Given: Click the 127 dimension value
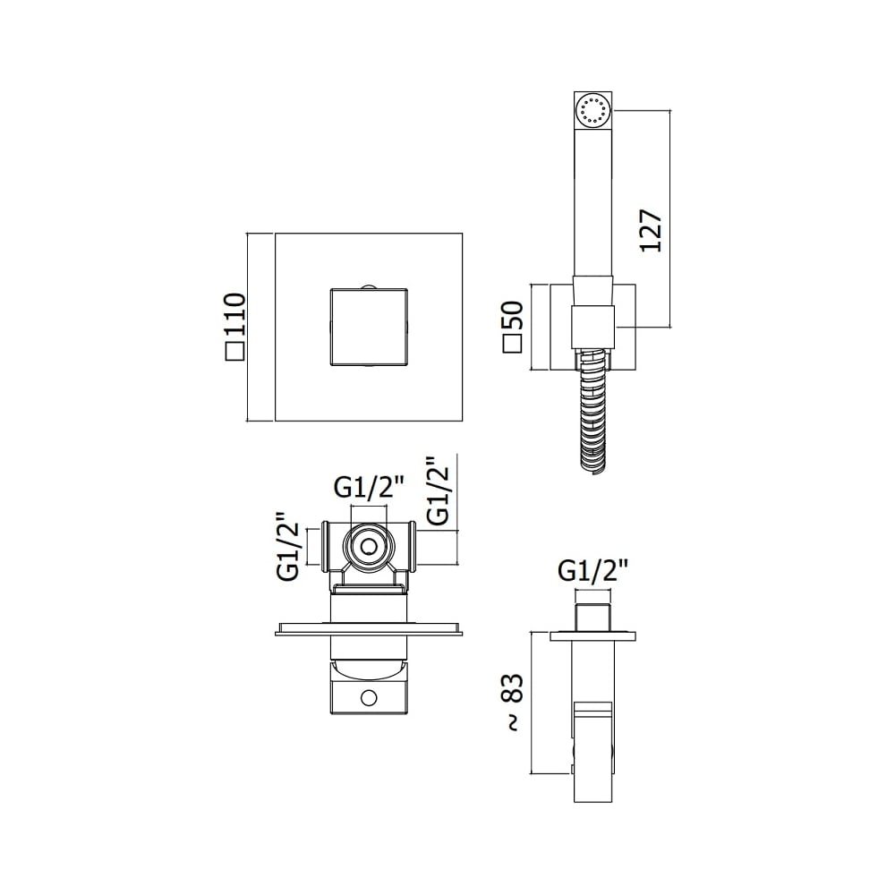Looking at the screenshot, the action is tap(651, 231).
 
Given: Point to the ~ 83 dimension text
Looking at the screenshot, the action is tap(514, 703).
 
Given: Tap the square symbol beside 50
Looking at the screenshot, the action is tap(513, 345).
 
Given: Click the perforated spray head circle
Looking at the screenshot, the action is tap(592, 109).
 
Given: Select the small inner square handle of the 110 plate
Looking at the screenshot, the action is tap(369, 327).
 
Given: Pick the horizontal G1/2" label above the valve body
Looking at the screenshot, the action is tap(370, 488).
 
